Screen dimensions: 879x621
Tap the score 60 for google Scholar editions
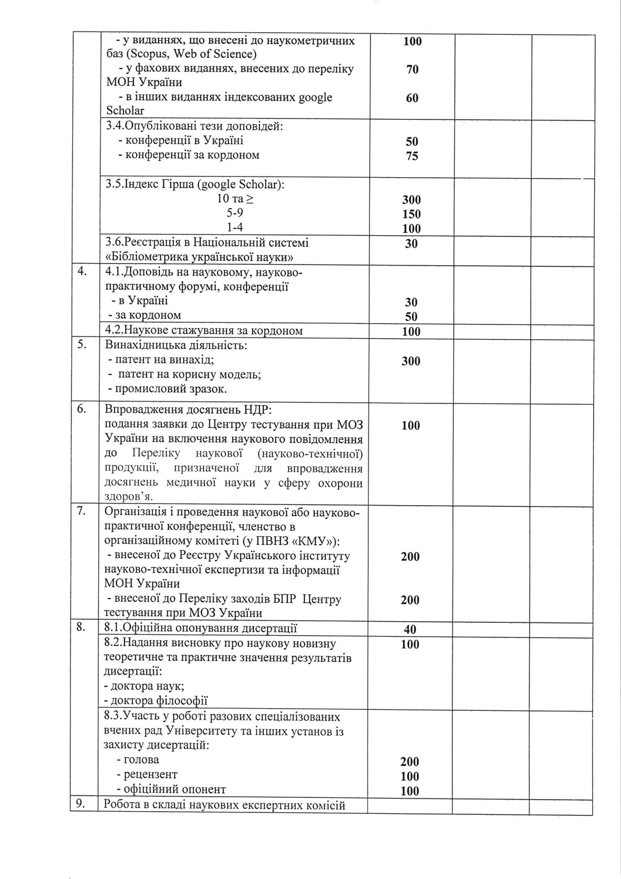click(412, 98)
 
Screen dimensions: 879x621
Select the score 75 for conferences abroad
click(412, 156)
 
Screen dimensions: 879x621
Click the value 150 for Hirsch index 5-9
click(411, 214)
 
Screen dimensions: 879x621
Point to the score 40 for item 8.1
click(410, 630)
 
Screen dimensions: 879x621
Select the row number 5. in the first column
click(81, 344)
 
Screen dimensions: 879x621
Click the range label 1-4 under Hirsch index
click(235, 227)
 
